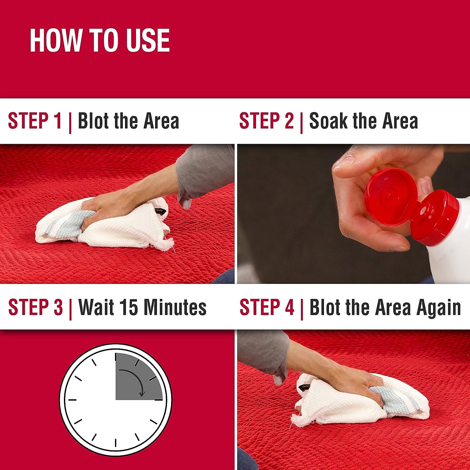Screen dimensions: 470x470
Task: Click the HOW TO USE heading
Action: tap(100, 40)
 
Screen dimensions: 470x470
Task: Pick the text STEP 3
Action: tap(35, 307)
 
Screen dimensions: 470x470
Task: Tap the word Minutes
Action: tap(175, 307)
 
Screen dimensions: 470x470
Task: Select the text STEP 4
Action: tap(267, 307)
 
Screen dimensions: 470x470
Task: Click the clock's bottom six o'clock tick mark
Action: tap(116, 443)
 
